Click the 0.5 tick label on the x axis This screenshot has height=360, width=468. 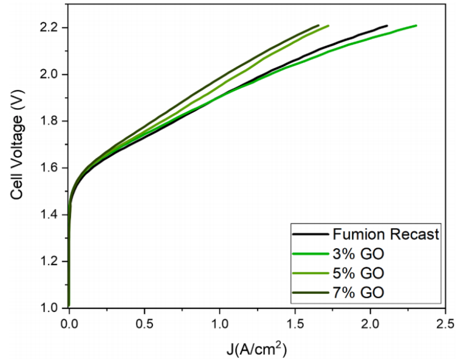click(144, 324)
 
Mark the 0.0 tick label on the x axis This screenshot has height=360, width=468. click(69, 324)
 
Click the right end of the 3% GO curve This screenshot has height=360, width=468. click(416, 25)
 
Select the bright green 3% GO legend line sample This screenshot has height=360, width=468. click(308, 253)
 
